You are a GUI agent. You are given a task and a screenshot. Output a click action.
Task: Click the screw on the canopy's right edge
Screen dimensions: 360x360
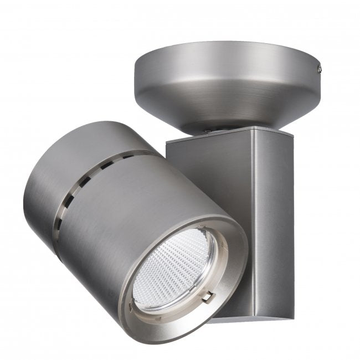coord(320,69)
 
